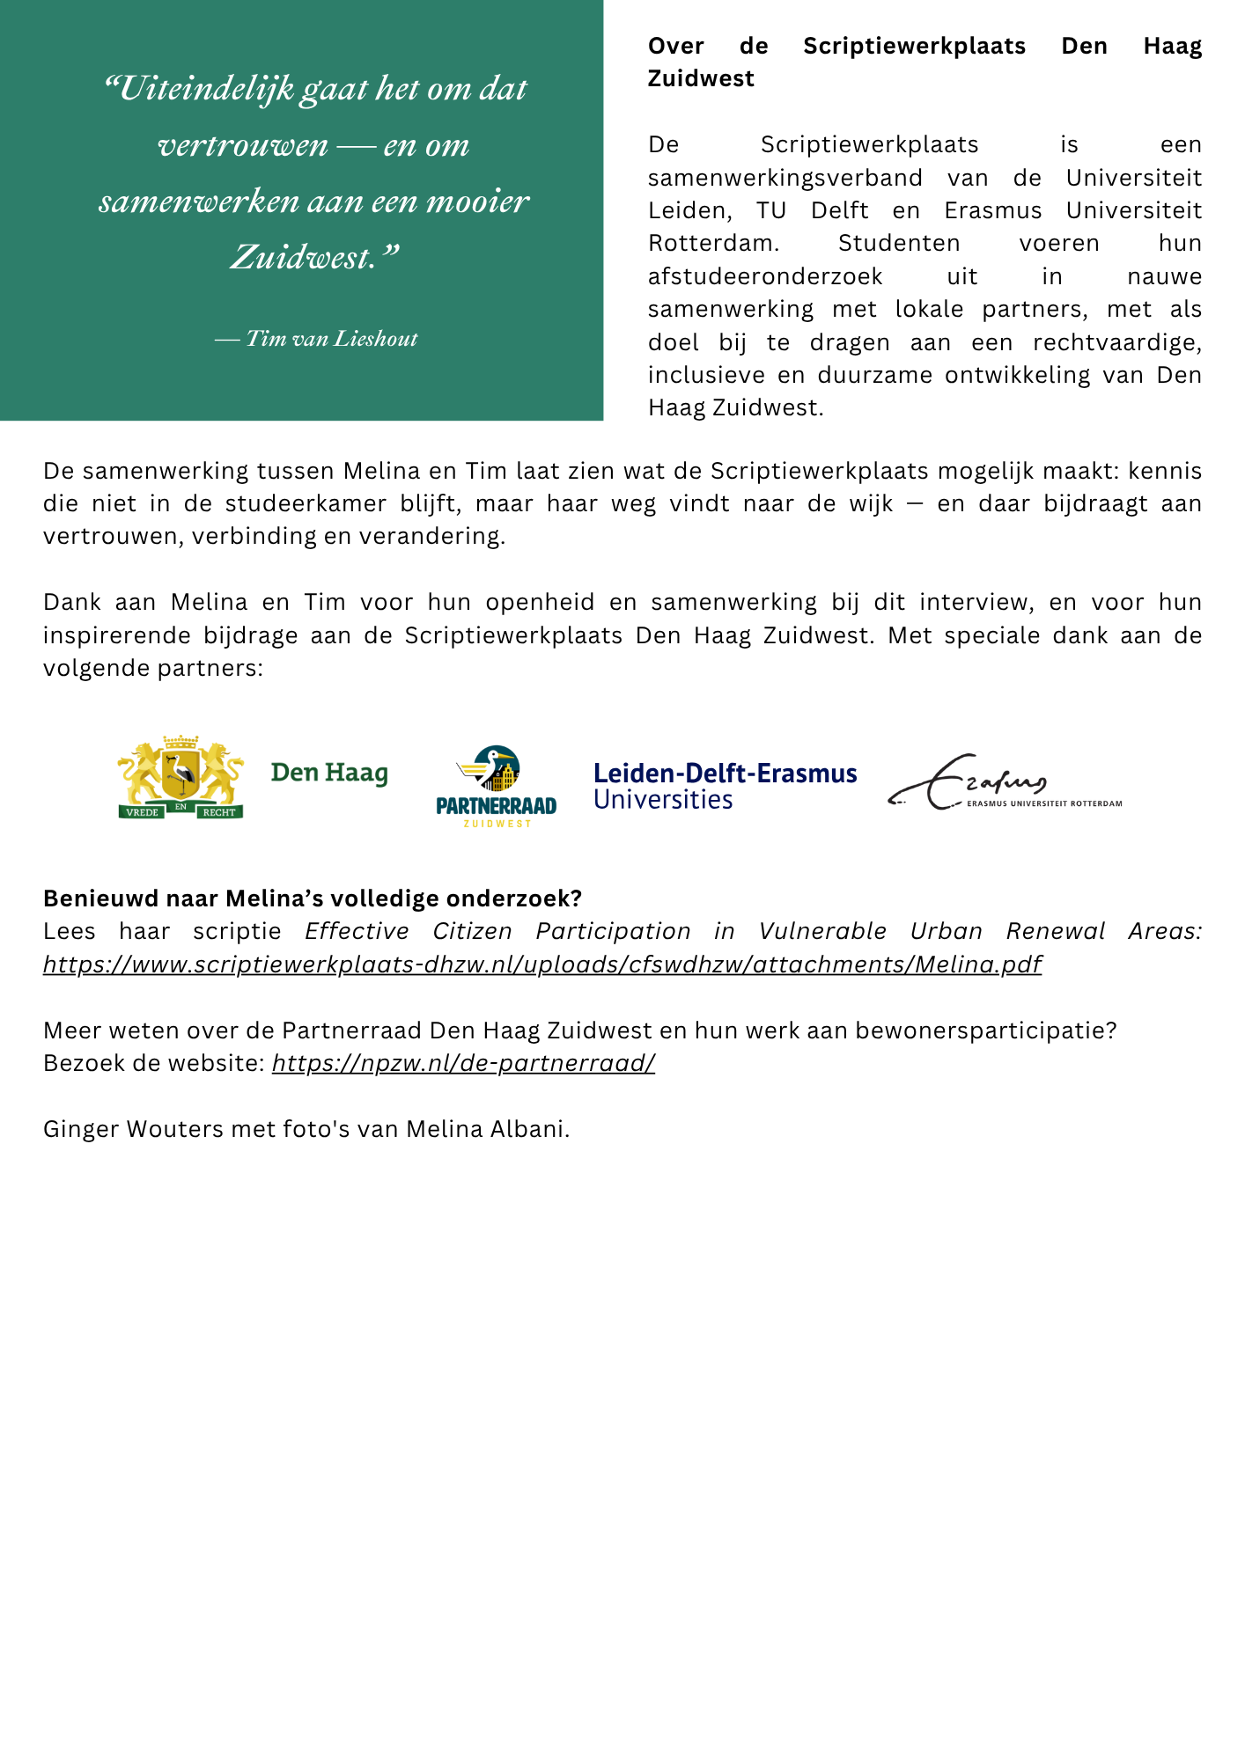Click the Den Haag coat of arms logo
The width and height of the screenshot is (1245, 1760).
point(180,777)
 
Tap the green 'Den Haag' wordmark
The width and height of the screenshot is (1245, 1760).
point(329,773)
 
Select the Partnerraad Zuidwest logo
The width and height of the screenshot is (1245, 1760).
point(497,786)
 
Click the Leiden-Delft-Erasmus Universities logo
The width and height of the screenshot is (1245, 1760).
point(725,785)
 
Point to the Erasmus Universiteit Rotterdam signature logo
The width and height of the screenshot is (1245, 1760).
point(1005,782)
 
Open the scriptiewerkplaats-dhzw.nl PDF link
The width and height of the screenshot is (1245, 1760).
point(542,964)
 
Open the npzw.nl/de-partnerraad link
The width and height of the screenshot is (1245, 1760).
point(463,1063)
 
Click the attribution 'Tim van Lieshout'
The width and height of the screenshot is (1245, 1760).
point(331,339)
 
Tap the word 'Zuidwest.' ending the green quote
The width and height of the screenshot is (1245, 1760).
point(313,257)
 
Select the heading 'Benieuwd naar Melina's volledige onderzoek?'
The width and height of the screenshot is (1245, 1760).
point(313,898)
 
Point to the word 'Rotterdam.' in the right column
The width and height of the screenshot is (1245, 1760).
point(713,243)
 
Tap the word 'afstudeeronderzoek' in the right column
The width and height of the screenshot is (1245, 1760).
point(765,276)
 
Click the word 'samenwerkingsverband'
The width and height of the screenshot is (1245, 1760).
point(785,178)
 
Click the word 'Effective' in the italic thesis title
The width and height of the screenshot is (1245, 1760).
point(357,931)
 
